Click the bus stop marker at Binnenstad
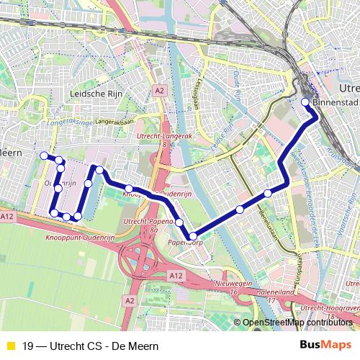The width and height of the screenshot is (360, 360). click(x=305, y=102)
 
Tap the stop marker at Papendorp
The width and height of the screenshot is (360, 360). click(x=192, y=235)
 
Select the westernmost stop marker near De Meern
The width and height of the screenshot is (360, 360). click(x=44, y=156)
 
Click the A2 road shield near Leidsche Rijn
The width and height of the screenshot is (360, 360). click(x=160, y=91)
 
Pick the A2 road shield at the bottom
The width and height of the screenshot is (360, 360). click(x=130, y=300)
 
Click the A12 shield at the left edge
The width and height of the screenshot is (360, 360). click(x=7, y=216)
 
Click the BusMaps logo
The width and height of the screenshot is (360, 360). click(x=326, y=344)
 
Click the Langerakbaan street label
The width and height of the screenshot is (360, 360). click(x=114, y=122)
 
